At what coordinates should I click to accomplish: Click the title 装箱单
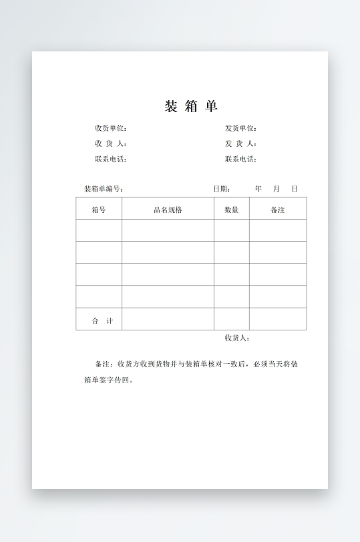191,107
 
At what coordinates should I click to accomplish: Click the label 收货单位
110,128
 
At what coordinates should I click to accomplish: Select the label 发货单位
240,128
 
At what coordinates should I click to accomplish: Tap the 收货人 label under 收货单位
110,144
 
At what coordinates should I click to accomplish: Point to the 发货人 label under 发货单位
240,144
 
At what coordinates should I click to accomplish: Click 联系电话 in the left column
110,159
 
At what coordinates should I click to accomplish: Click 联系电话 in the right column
240,159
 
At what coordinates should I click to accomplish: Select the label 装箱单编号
104,189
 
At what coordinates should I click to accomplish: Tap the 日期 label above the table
222,189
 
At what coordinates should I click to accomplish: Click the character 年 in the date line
258,189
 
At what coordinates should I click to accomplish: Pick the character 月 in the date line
277,189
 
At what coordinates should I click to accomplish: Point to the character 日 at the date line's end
295,189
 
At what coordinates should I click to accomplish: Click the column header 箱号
99,210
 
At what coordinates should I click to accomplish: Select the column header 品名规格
168,210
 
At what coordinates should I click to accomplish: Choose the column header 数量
232,210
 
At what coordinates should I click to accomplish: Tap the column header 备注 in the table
278,210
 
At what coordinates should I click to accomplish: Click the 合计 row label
102,321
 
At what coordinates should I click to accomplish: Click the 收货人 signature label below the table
237,338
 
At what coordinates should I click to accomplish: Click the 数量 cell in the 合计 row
232,319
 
